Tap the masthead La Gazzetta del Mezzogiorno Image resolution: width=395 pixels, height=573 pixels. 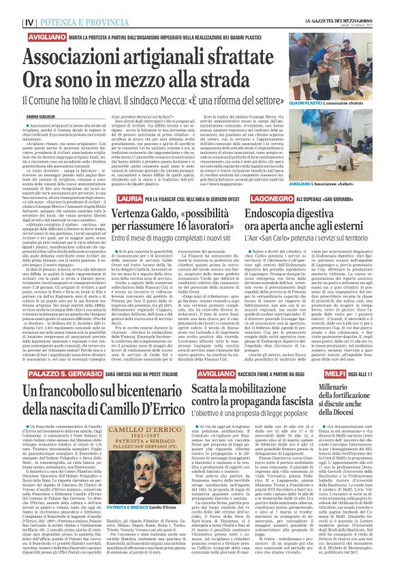(345, 7)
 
